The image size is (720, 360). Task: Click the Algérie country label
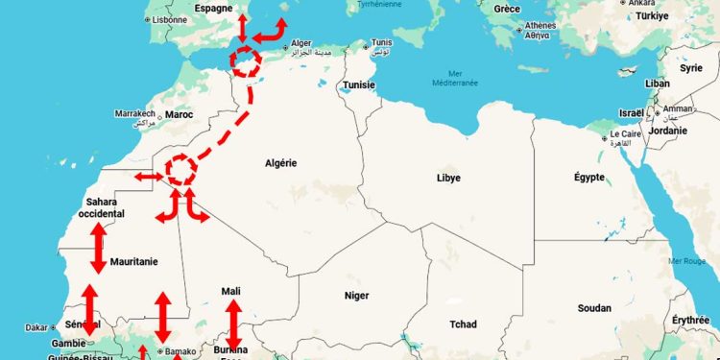tap(280, 163)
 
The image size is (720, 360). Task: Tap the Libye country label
tap(448, 178)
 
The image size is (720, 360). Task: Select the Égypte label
tap(588, 178)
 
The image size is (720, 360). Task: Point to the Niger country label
tap(356, 296)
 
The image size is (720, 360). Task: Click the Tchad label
tap(462, 324)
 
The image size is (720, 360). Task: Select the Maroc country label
tap(179, 114)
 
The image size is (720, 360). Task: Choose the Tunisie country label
tap(359, 84)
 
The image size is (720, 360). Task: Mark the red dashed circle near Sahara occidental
tap(180, 170)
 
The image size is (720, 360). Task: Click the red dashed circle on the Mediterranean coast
tap(246, 62)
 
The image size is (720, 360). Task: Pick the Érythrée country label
tap(691, 320)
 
